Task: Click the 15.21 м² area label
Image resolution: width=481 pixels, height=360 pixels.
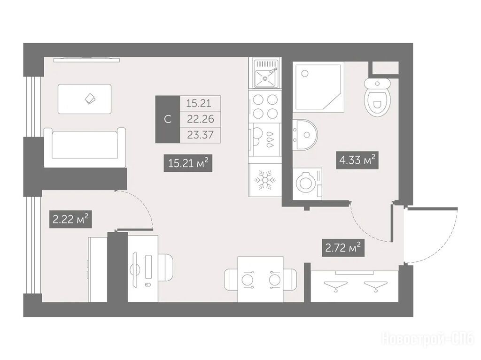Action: (188, 163)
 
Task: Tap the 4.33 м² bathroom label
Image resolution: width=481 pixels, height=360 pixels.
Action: (357, 160)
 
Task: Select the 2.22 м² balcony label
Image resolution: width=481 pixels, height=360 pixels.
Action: (70, 219)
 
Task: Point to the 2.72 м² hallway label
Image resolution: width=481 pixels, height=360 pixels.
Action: (343, 247)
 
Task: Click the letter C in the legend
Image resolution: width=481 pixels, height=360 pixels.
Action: (168, 119)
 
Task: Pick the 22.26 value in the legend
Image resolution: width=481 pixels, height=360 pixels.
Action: (200, 119)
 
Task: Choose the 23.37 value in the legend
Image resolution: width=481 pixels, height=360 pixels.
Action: (200, 135)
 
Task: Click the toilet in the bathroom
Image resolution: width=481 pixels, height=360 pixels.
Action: (378, 97)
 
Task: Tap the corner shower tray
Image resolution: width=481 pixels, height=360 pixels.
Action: (318, 87)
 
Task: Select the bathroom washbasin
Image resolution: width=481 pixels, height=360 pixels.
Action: (304, 135)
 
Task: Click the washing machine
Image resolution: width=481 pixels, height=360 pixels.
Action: (307, 184)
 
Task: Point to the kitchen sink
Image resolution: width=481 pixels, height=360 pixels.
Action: (266, 74)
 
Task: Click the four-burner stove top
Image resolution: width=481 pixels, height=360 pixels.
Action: (265, 106)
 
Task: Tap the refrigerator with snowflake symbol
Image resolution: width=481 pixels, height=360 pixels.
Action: (265, 180)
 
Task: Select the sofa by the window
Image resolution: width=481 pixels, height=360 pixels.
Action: (85, 147)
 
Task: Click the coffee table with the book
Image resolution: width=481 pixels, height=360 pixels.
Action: (85, 99)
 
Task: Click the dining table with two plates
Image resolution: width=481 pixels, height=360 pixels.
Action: (260, 279)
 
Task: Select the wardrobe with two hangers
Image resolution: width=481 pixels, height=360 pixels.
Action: (355, 286)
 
